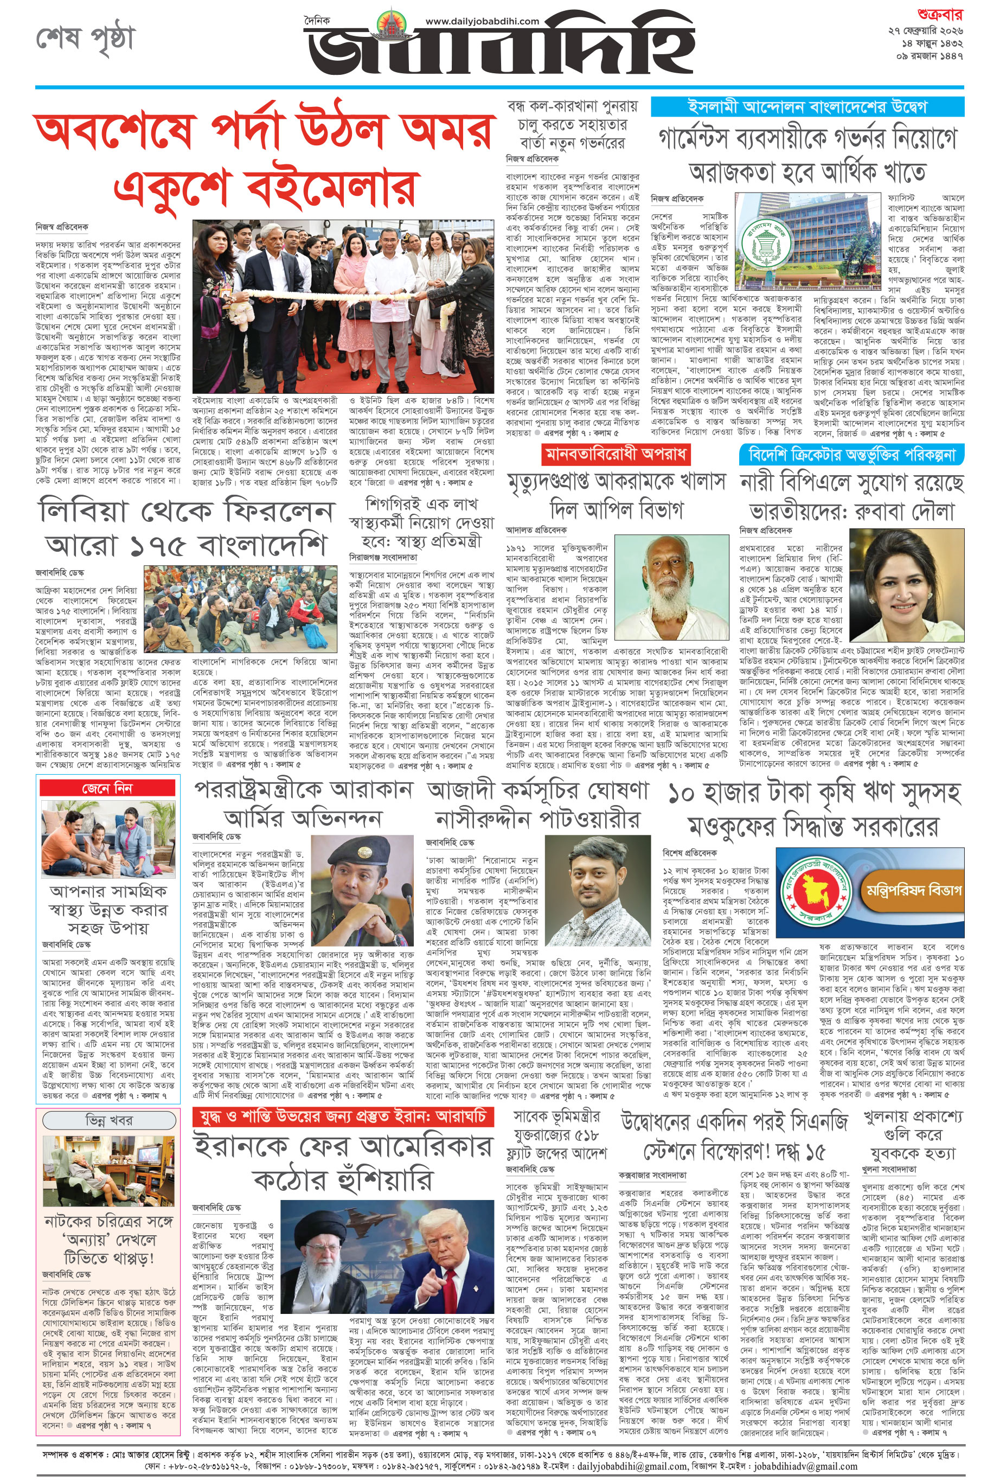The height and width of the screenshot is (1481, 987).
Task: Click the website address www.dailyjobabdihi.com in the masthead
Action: pos(482,21)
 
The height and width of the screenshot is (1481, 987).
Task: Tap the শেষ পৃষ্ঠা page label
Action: pos(85,39)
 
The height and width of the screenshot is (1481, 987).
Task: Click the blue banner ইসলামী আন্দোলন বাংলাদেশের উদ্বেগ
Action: pos(807,106)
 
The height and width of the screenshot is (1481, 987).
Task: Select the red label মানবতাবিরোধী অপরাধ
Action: pos(616,454)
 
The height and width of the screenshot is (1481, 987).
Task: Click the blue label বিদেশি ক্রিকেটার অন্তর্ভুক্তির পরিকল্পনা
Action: pos(851,454)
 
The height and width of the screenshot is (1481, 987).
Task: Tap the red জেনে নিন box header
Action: pos(107,788)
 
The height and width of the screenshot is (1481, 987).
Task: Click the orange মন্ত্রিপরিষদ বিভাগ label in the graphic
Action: pos(914,890)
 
